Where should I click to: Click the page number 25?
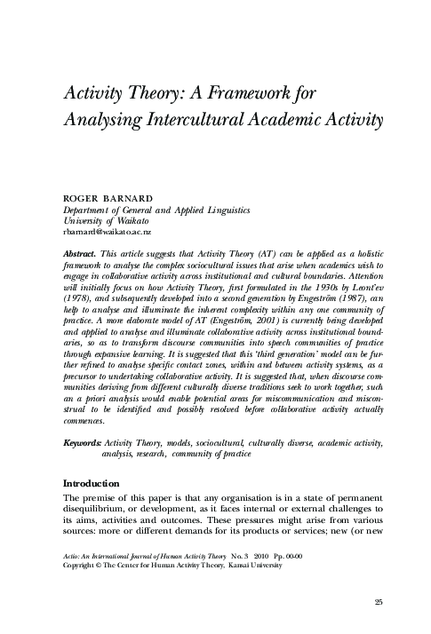click(x=379, y=602)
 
